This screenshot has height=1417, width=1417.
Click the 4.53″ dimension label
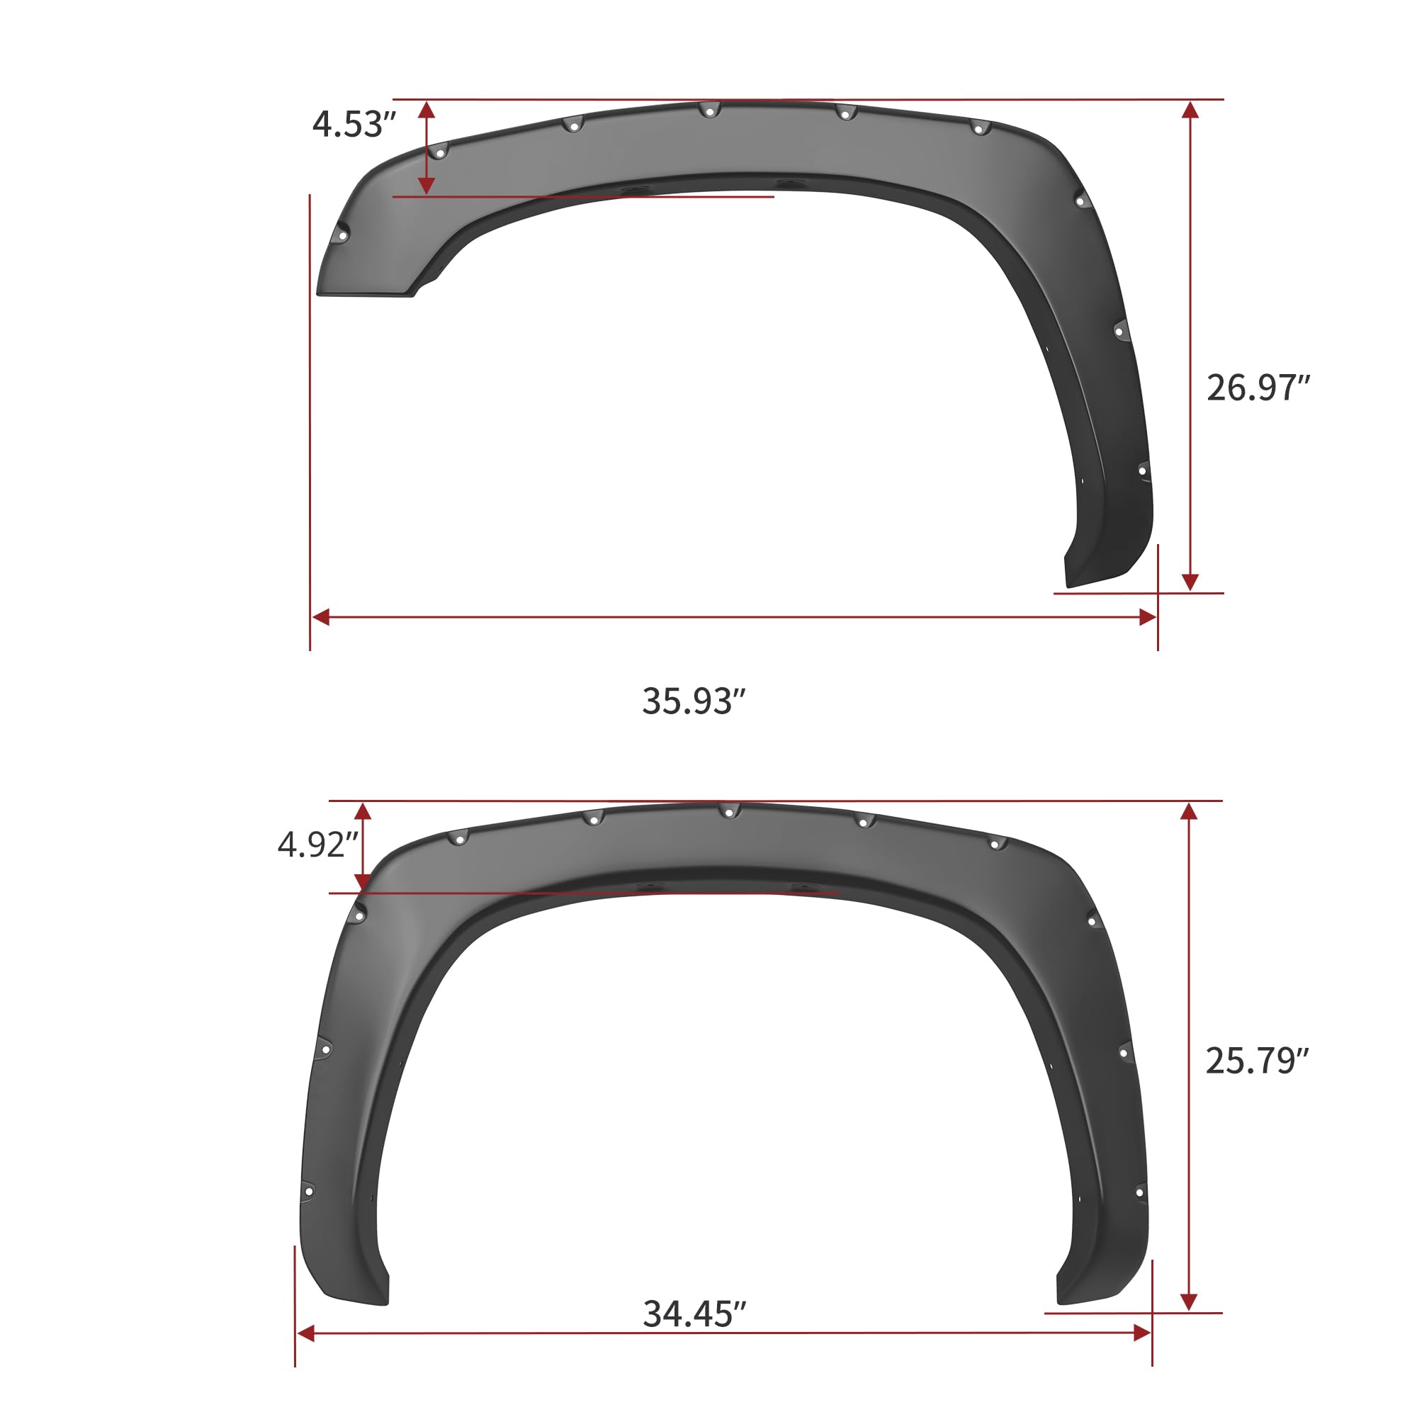point(354,124)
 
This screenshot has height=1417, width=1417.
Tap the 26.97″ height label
point(1257,388)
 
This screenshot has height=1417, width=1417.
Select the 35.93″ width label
point(693,701)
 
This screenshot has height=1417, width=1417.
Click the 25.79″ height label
point(1256,1061)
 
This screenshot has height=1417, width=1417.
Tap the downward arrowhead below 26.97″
point(1190,582)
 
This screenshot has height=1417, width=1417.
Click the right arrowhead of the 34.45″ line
point(1142,1333)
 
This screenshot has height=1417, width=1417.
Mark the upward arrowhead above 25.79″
point(1190,812)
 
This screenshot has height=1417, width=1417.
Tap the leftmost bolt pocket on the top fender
point(341,234)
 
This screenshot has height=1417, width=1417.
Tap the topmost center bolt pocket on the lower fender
point(729,811)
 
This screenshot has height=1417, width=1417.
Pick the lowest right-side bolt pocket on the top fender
point(1143,471)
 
